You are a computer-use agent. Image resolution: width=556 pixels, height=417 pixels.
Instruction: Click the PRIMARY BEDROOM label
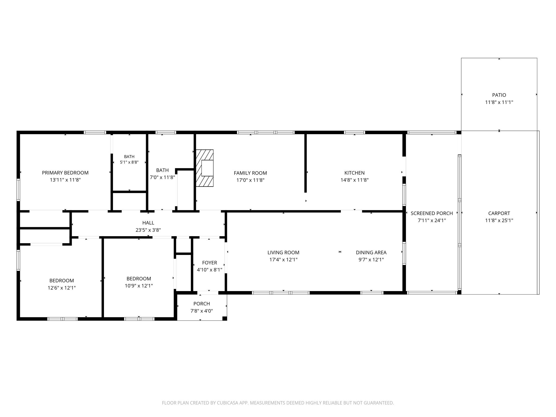(x=65, y=173)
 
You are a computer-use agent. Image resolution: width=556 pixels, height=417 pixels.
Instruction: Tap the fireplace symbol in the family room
(x=205, y=168)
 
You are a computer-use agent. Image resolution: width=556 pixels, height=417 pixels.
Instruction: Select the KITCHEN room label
(x=354, y=173)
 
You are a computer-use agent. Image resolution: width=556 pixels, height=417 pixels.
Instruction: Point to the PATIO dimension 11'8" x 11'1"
(x=499, y=102)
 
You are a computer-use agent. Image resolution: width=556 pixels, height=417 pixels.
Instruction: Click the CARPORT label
(x=499, y=213)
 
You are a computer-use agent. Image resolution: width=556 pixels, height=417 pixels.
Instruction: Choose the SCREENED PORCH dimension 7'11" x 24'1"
(x=432, y=220)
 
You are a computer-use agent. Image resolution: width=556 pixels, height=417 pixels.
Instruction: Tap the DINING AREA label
(x=371, y=252)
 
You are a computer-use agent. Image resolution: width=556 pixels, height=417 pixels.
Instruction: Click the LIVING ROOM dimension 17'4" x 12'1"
(x=283, y=260)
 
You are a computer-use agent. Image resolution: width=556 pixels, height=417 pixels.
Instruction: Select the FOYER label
(x=210, y=263)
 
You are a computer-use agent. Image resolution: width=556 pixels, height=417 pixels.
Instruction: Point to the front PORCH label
(x=202, y=304)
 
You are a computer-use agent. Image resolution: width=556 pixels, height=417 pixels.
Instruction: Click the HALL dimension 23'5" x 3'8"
(x=148, y=230)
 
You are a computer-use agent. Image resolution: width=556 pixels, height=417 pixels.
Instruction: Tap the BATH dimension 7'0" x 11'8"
(x=162, y=177)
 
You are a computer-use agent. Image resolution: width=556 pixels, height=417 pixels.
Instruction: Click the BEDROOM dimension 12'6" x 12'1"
(x=62, y=288)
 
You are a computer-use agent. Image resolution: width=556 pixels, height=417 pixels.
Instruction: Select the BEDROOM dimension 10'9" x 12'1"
(x=138, y=286)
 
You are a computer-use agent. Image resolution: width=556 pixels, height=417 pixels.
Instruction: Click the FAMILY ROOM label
(x=250, y=173)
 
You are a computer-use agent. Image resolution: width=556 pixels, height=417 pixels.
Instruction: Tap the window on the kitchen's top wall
(x=354, y=132)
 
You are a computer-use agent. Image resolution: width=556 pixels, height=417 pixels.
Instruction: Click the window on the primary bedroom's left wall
(x=18, y=189)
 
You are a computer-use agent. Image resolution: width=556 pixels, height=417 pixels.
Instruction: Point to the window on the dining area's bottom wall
(x=372, y=293)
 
